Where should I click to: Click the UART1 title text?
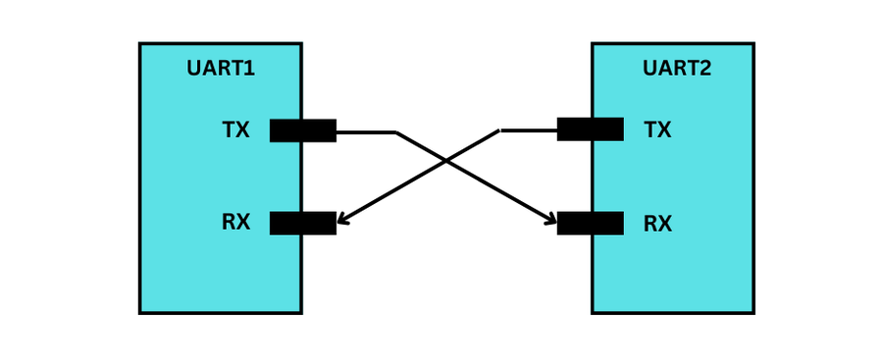point(221,69)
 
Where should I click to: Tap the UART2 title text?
point(677,69)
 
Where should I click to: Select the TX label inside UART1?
point(235,130)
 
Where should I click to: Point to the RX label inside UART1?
point(235,223)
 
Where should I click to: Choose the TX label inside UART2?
point(657,130)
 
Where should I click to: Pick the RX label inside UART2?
point(657,225)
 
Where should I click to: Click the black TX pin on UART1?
point(303,130)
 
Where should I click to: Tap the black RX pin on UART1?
point(303,223)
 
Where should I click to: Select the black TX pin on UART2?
point(590,129)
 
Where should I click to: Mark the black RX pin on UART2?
point(590,224)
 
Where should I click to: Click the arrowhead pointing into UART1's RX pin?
point(342,221)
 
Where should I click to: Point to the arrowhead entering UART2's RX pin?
point(551,222)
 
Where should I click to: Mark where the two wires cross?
point(446,161)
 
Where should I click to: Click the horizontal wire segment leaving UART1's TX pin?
point(365,131)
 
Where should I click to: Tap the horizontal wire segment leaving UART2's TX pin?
point(529,129)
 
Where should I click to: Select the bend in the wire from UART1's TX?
point(395,132)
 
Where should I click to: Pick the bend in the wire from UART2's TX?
point(499,130)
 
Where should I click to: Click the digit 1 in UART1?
point(249,69)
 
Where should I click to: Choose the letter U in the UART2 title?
point(649,69)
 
